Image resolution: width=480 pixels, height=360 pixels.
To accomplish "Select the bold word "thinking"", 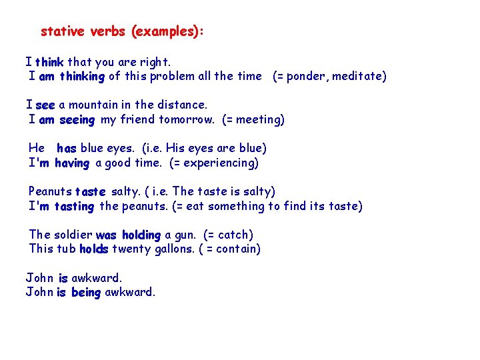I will (82, 77).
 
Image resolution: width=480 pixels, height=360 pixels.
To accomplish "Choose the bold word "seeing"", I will (77, 120).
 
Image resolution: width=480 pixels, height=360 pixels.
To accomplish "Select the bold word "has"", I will (67, 149).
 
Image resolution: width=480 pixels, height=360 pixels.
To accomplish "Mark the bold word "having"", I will (72, 163).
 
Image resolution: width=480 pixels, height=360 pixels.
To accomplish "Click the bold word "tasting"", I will (74, 207).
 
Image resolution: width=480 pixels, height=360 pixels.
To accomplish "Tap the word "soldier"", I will (73, 235).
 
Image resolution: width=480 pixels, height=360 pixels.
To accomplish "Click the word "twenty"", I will (131, 249).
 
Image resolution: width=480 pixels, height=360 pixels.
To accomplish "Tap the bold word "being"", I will (86, 293).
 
